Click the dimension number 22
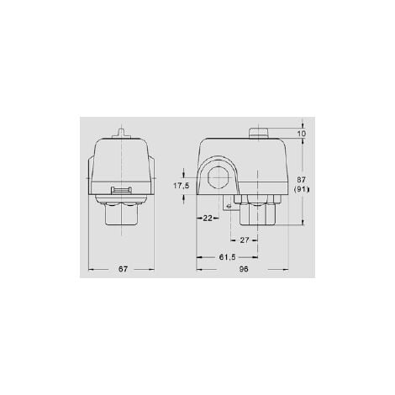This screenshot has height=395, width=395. click(207, 218)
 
